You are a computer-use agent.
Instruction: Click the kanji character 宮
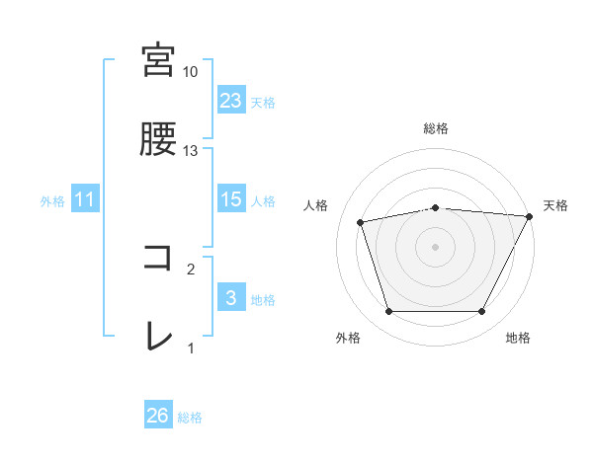pyautogui.click(x=159, y=60)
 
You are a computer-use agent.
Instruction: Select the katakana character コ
pyautogui.click(x=158, y=258)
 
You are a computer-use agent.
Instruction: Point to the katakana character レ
pyautogui.click(x=158, y=337)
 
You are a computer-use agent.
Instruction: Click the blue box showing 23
pyautogui.click(x=230, y=101)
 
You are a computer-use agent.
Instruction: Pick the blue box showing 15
pyautogui.click(x=230, y=199)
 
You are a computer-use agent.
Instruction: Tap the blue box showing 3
pyautogui.click(x=230, y=298)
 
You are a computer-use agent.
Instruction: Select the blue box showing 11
pyautogui.click(x=85, y=199)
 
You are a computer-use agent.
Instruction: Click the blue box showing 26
pyautogui.click(x=158, y=416)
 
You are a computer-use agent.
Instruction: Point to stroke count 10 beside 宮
pyautogui.click(x=190, y=72)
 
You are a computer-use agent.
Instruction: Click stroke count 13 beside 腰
pyautogui.click(x=190, y=151)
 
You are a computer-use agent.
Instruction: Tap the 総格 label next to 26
pyautogui.click(x=190, y=418)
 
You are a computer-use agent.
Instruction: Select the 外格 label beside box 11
pyautogui.click(x=52, y=201)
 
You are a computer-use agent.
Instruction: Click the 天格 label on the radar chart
pyautogui.click(x=555, y=205)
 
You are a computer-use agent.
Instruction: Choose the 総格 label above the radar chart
pyautogui.click(x=436, y=128)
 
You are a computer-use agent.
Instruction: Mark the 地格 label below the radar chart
pyautogui.click(x=517, y=338)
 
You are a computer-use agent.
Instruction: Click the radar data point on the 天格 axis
pyautogui.click(x=530, y=216)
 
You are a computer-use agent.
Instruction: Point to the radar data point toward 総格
pyautogui.click(x=436, y=207)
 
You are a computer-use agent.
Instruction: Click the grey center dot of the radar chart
pyautogui.click(x=436, y=247)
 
